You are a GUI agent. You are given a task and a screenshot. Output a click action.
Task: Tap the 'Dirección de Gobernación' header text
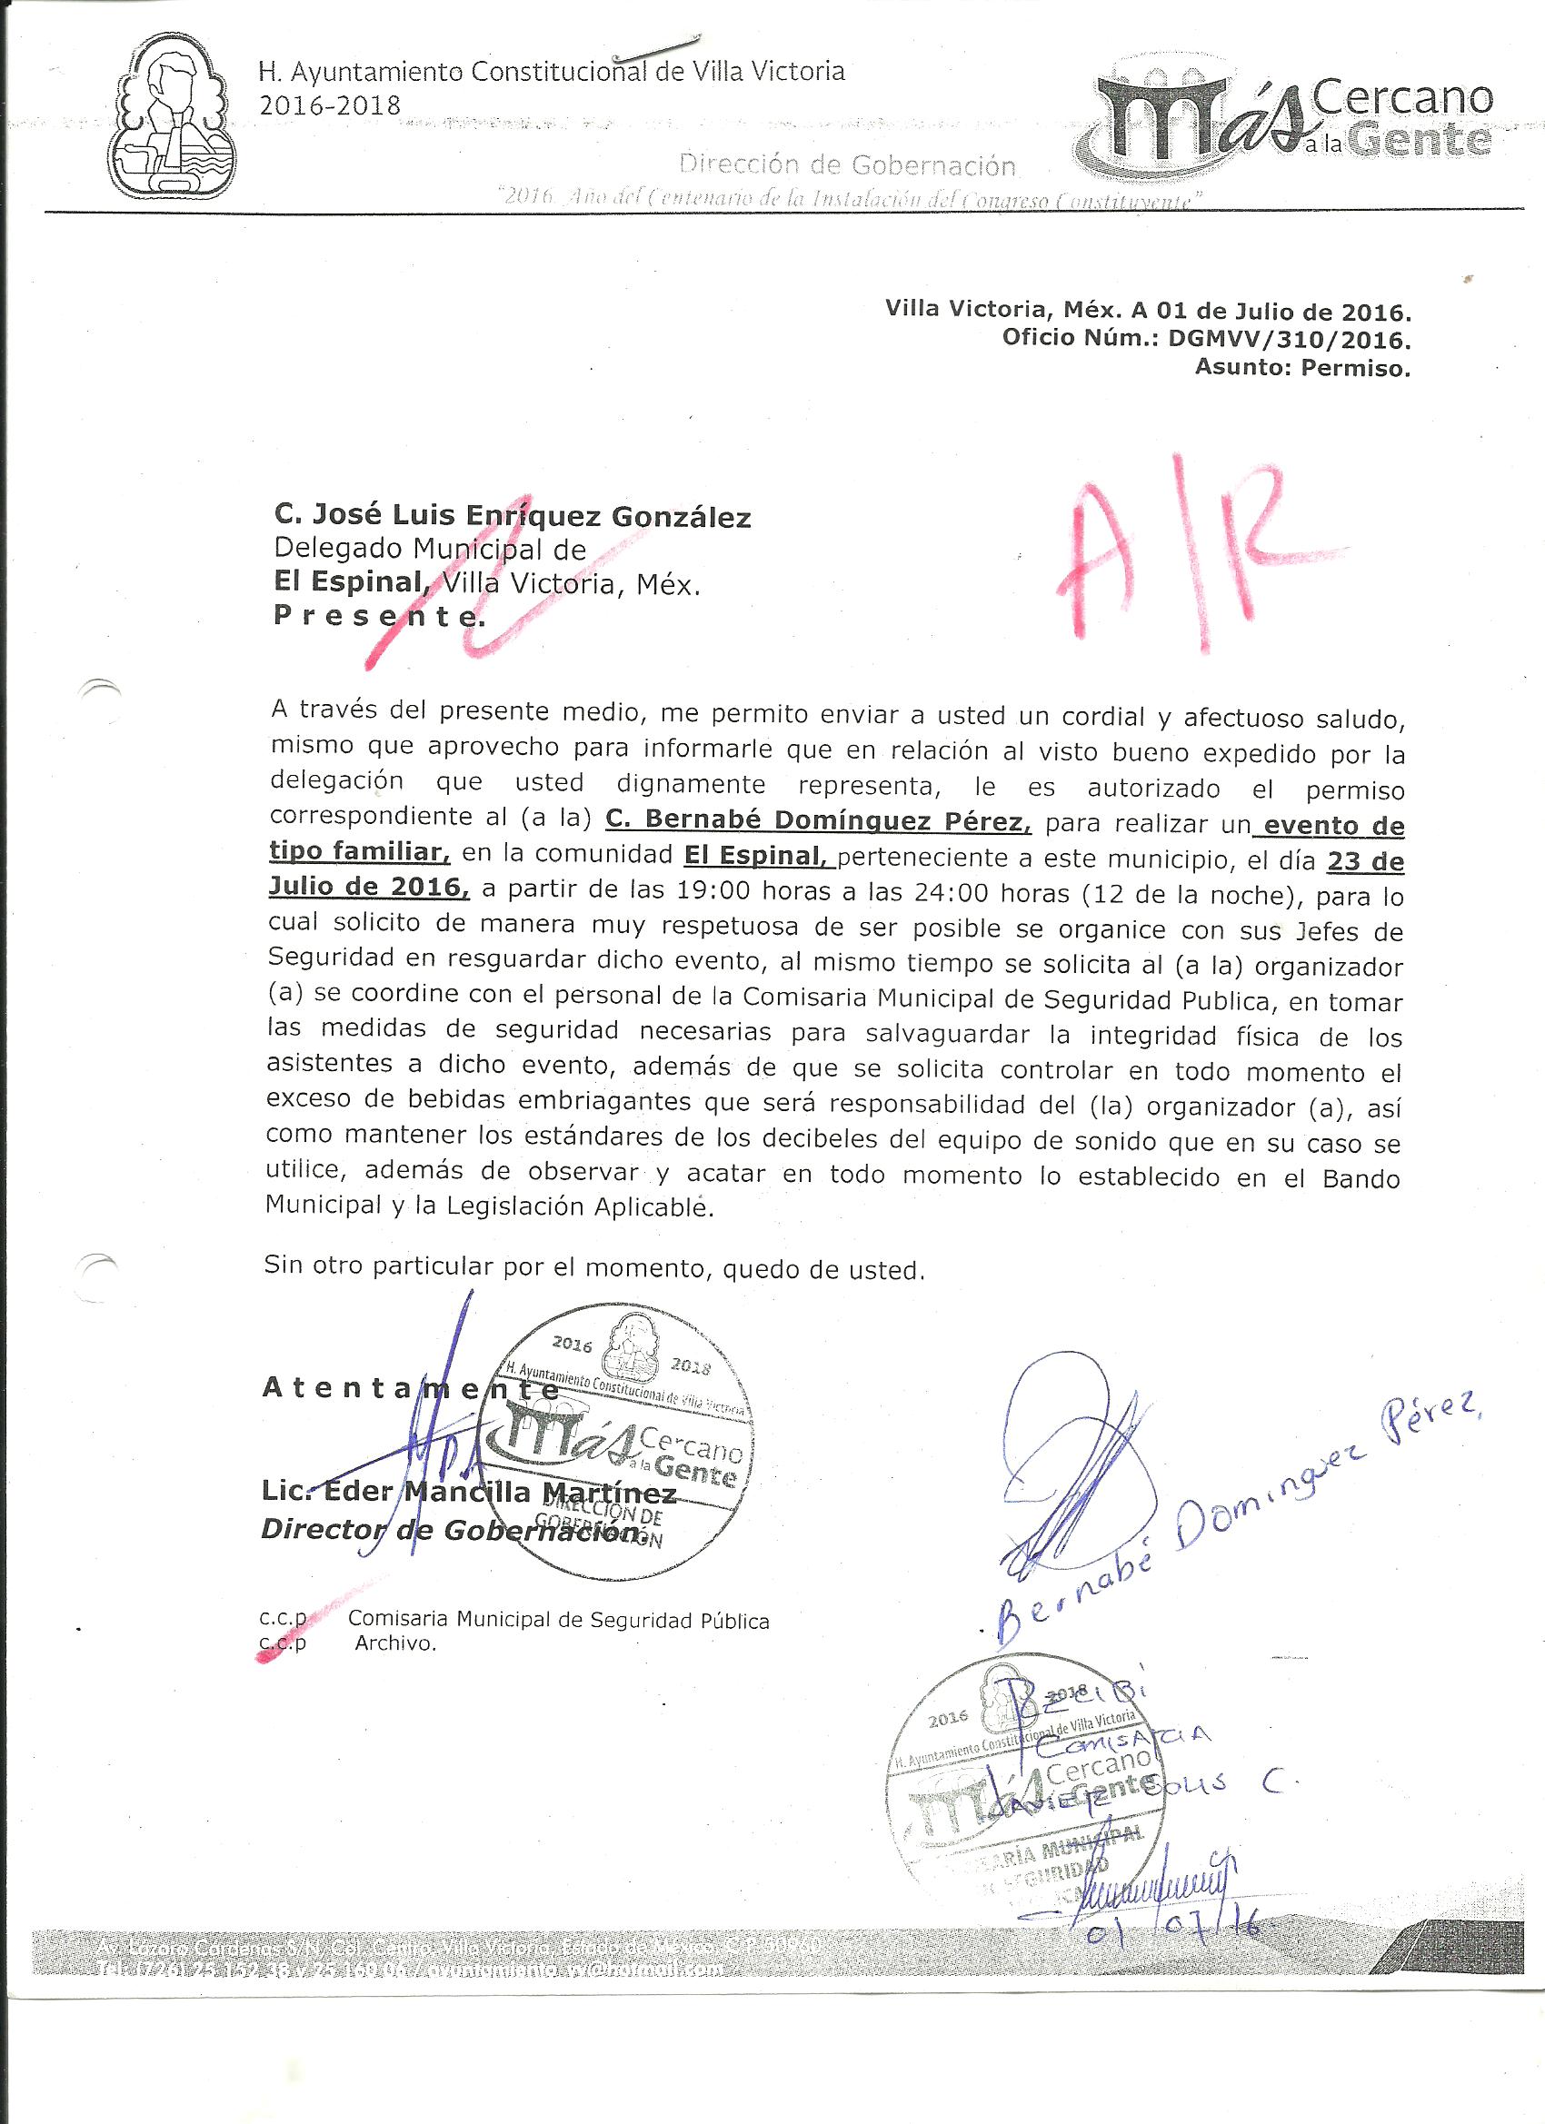point(847,165)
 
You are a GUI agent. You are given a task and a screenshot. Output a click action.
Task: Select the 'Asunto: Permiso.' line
point(1301,368)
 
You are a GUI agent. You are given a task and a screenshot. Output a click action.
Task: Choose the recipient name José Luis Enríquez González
point(512,515)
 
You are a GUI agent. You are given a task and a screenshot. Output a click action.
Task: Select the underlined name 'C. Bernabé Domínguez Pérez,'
point(818,821)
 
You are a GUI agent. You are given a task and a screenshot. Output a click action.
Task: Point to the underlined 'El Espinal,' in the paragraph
point(753,856)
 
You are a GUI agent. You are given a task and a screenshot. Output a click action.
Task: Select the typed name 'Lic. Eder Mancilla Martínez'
point(468,1492)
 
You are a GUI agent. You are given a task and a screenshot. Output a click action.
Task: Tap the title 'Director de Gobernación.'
point(454,1531)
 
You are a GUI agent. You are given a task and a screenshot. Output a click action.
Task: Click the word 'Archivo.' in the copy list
point(395,1643)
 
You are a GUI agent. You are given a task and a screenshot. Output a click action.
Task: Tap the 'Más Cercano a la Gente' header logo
point(1293,116)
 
